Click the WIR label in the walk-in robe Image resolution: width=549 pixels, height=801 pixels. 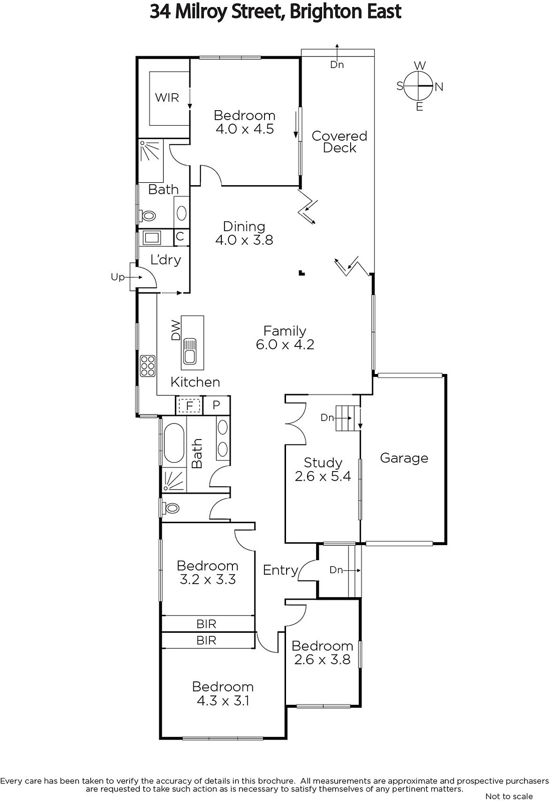[167, 97]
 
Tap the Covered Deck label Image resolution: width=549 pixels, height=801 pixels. [339, 142]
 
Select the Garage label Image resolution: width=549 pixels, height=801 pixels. [404, 458]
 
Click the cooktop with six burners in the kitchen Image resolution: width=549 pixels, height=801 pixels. [147, 366]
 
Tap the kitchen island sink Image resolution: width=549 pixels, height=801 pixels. [189, 351]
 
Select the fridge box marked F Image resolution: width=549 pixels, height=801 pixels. [189, 406]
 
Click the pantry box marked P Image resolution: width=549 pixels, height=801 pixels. [216, 405]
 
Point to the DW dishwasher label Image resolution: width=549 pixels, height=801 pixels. [176, 330]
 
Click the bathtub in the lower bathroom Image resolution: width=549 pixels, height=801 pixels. [174, 443]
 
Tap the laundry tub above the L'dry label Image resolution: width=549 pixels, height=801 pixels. [152, 238]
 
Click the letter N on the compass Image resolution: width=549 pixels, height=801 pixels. [439, 87]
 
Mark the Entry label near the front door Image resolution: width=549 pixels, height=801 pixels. [281, 570]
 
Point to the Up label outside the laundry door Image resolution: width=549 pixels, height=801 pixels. [117, 277]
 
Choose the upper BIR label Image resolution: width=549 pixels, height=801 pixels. [206, 624]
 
